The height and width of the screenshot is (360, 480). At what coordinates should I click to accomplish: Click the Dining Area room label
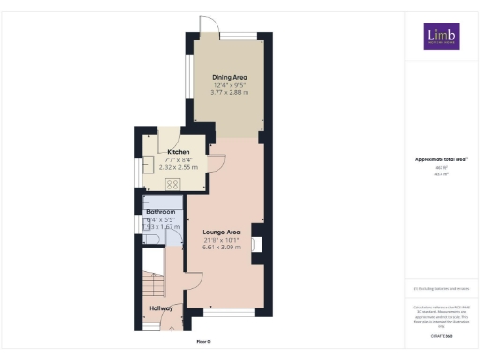(229, 78)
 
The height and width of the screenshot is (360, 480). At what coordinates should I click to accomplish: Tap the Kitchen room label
(178, 152)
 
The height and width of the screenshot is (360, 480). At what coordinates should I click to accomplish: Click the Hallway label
(161, 307)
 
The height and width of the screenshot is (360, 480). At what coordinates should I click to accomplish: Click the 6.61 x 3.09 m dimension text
(222, 248)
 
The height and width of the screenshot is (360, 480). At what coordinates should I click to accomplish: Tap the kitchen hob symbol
(172, 184)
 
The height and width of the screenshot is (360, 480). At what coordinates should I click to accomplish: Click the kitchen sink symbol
(149, 169)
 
